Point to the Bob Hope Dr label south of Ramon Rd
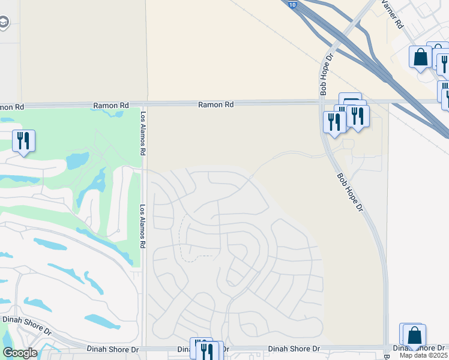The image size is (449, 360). (x=351, y=193)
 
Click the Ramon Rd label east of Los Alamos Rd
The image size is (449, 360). (x=216, y=104)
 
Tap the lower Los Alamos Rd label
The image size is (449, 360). (x=143, y=227)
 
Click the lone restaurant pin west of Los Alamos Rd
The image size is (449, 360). (x=23, y=140)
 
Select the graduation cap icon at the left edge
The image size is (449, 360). (x=4, y=23)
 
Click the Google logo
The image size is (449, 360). (x=20, y=353)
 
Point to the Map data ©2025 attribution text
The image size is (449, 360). (x=424, y=355)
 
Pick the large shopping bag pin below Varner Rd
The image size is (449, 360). (x=420, y=58)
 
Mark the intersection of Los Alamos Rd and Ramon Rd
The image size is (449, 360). (x=144, y=104)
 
